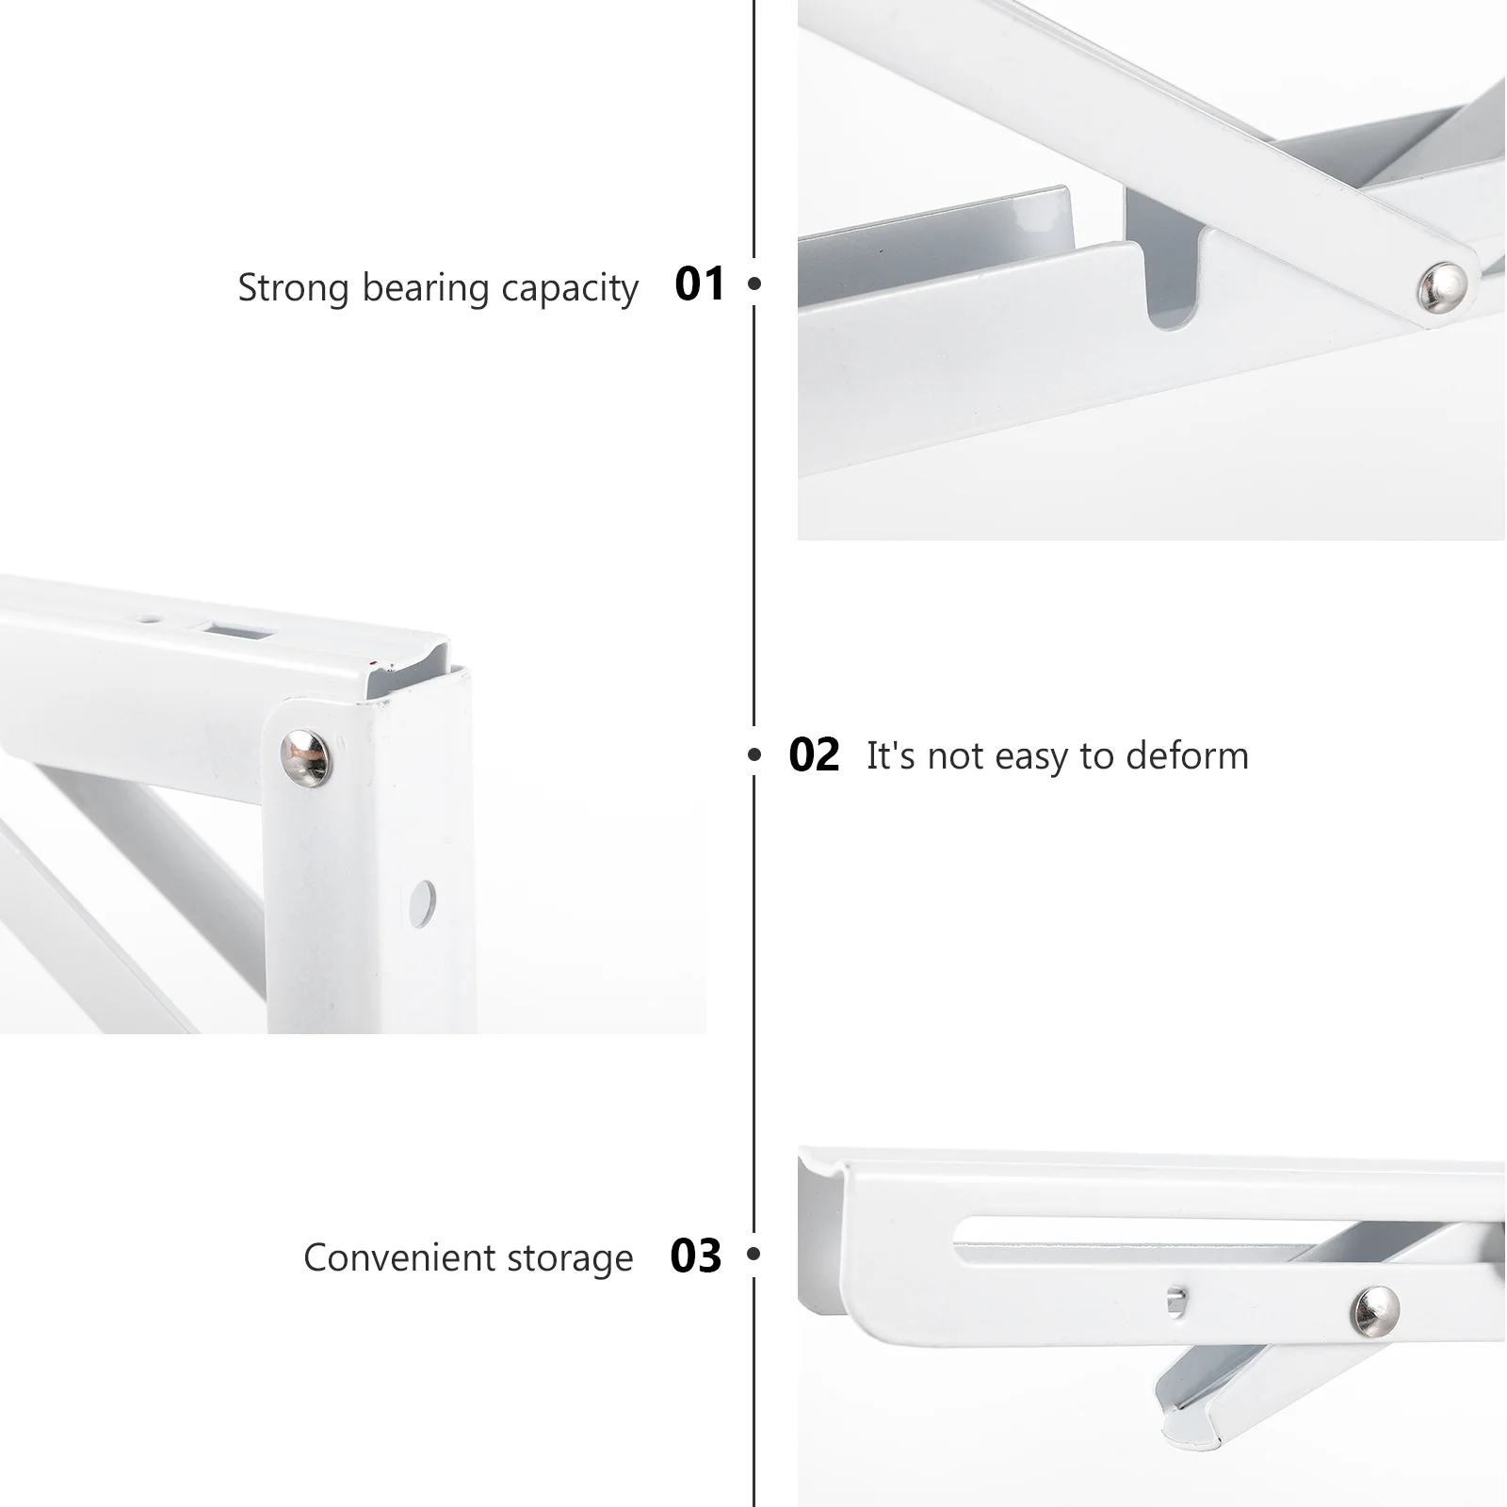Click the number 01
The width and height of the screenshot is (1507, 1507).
pos(700,284)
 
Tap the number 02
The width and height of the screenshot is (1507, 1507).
pos(814,755)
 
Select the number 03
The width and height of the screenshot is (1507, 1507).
pos(695,1256)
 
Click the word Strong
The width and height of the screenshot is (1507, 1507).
pos(293,287)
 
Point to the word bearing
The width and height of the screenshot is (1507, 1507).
pos(426,289)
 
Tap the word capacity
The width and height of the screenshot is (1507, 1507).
pos(570,289)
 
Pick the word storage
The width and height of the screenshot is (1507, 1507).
pos(570,1259)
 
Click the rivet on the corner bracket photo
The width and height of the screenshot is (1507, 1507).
pos(307,756)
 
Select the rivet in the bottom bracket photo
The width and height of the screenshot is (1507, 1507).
pos(1375,1311)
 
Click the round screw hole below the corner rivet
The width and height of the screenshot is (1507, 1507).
pos(423,902)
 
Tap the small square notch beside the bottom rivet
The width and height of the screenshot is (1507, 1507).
pos(1175,1300)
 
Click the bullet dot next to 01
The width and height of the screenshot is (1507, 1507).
pos(753,283)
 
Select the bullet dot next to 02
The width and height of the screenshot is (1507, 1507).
pos(753,754)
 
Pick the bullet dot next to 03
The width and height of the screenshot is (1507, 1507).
pos(753,1254)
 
